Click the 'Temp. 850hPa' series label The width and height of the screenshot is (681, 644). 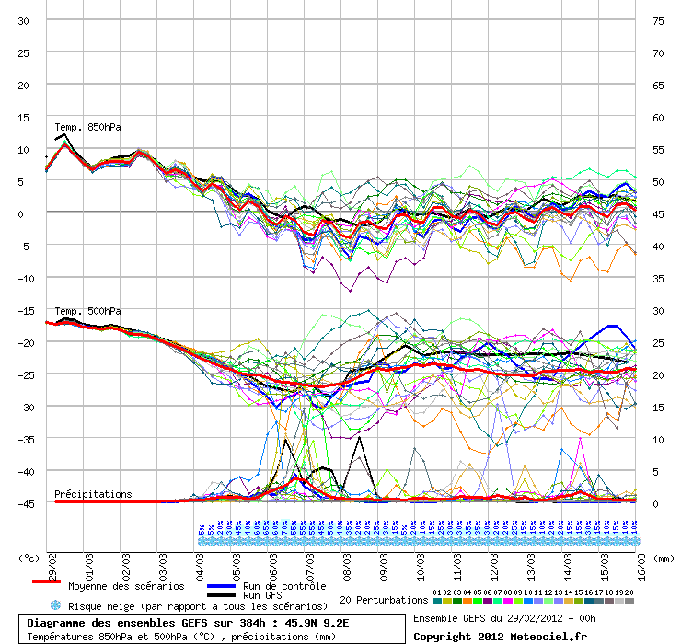click(x=87, y=127)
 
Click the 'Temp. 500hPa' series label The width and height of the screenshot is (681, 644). click(x=87, y=311)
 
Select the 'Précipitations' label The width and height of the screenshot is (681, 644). click(x=93, y=494)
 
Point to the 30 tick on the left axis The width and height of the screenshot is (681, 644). click(x=24, y=20)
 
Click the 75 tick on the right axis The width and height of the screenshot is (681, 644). click(x=658, y=20)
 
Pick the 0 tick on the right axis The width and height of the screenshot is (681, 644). click(x=655, y=503)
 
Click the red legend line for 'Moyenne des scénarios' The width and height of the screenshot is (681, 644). click(x=46, y=581)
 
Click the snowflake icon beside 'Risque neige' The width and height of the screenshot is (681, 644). click(x=54, y=605)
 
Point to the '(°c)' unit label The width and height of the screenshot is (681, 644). click(x=30, y=558)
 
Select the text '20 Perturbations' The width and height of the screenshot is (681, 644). click(x=383, y=600)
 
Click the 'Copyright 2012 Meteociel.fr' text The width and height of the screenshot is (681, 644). click(x=500, y=636)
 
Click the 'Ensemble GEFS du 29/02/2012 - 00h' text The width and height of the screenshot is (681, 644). click(x=504, y=617)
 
